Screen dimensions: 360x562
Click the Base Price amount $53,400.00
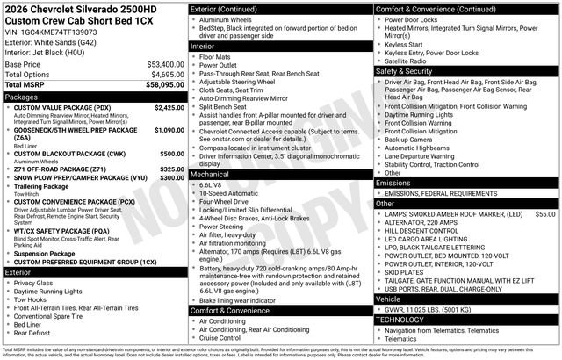164,64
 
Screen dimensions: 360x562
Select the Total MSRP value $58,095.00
164,84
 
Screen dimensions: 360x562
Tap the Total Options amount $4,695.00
164,74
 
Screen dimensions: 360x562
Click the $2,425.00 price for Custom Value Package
169,107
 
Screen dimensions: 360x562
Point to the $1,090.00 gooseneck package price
169,130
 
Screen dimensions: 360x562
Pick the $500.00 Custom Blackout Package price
172,154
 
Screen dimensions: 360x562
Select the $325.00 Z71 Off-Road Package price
172,169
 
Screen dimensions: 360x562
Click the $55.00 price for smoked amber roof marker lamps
545,214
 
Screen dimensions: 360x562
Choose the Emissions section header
394,183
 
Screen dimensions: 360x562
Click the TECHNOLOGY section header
404,319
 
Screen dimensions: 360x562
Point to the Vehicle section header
389,299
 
